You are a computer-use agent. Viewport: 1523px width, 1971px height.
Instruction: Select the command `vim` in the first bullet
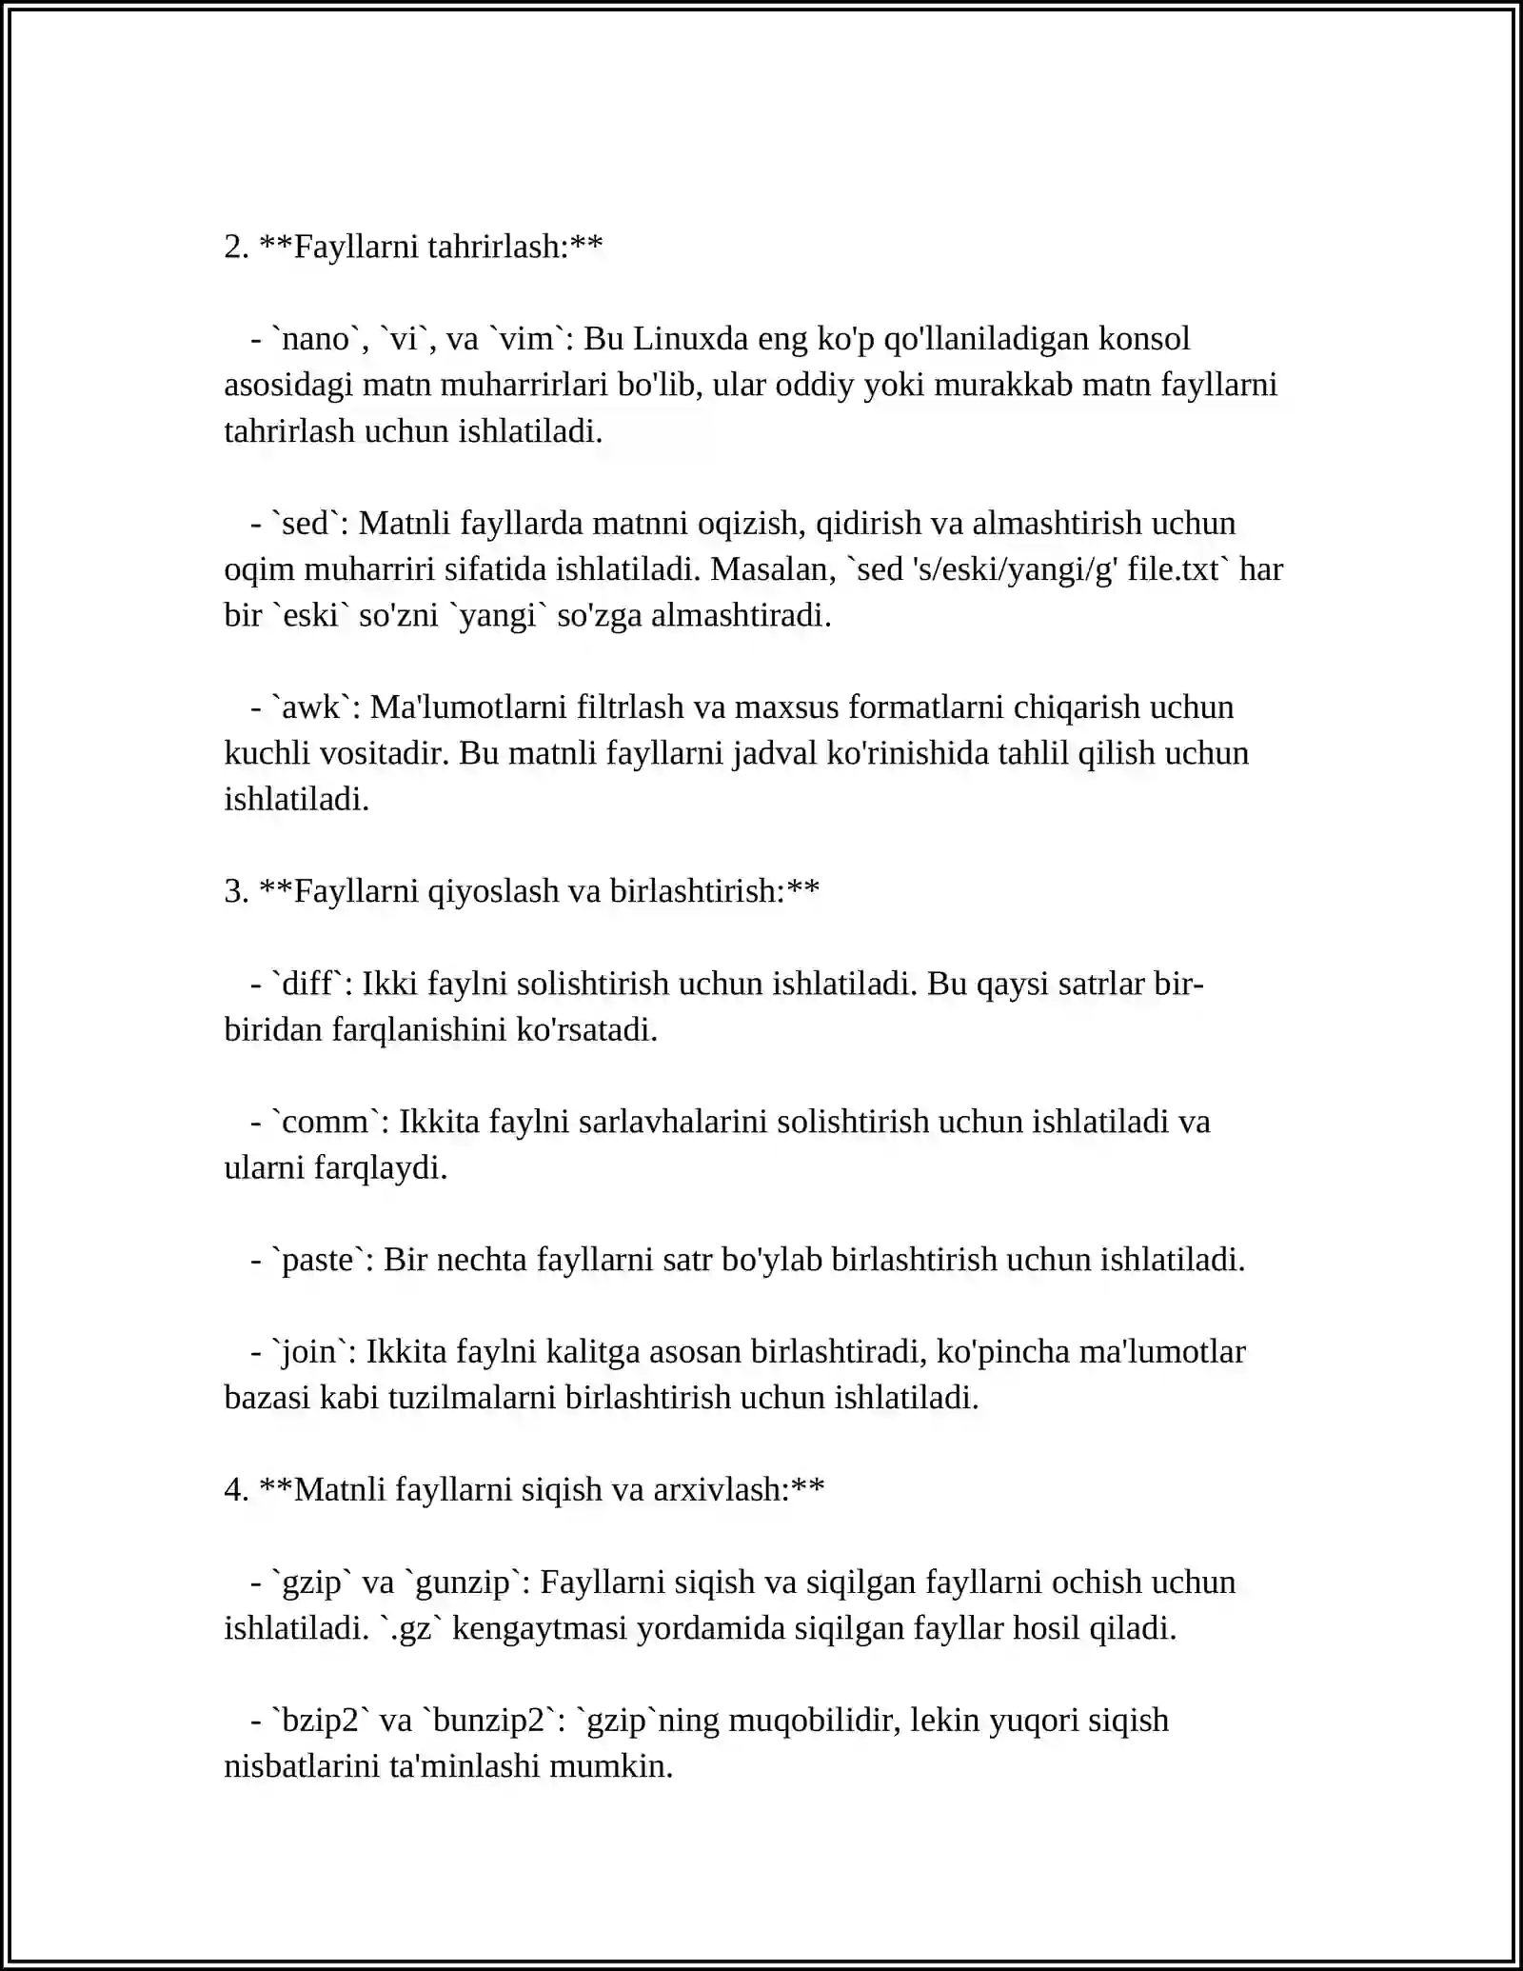526,339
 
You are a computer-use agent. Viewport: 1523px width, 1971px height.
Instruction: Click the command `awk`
311,707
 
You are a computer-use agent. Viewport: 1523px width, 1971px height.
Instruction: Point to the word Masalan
770,569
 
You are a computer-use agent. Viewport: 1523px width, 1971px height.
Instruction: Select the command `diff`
307,984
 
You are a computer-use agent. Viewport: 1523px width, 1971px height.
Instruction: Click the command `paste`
318,1260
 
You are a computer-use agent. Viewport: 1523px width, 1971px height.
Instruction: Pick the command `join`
309,1352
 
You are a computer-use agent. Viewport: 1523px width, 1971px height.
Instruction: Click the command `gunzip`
465,1583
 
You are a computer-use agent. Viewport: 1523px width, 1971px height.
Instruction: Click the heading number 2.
235,248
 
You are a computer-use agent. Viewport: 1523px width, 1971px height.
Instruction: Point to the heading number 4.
235,1490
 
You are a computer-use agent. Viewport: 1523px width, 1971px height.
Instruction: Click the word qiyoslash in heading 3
493,892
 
